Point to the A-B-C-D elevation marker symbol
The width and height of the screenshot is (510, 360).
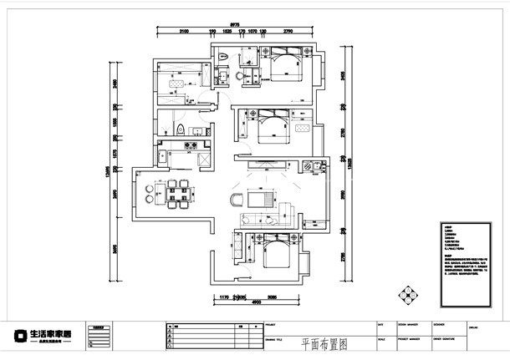[x=407, y=295]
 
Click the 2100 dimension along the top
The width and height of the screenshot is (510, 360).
[x=184, y=31]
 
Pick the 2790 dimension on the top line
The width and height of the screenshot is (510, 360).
[x=287, y=31]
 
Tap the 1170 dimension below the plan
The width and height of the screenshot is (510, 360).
[x=224, y=296]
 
